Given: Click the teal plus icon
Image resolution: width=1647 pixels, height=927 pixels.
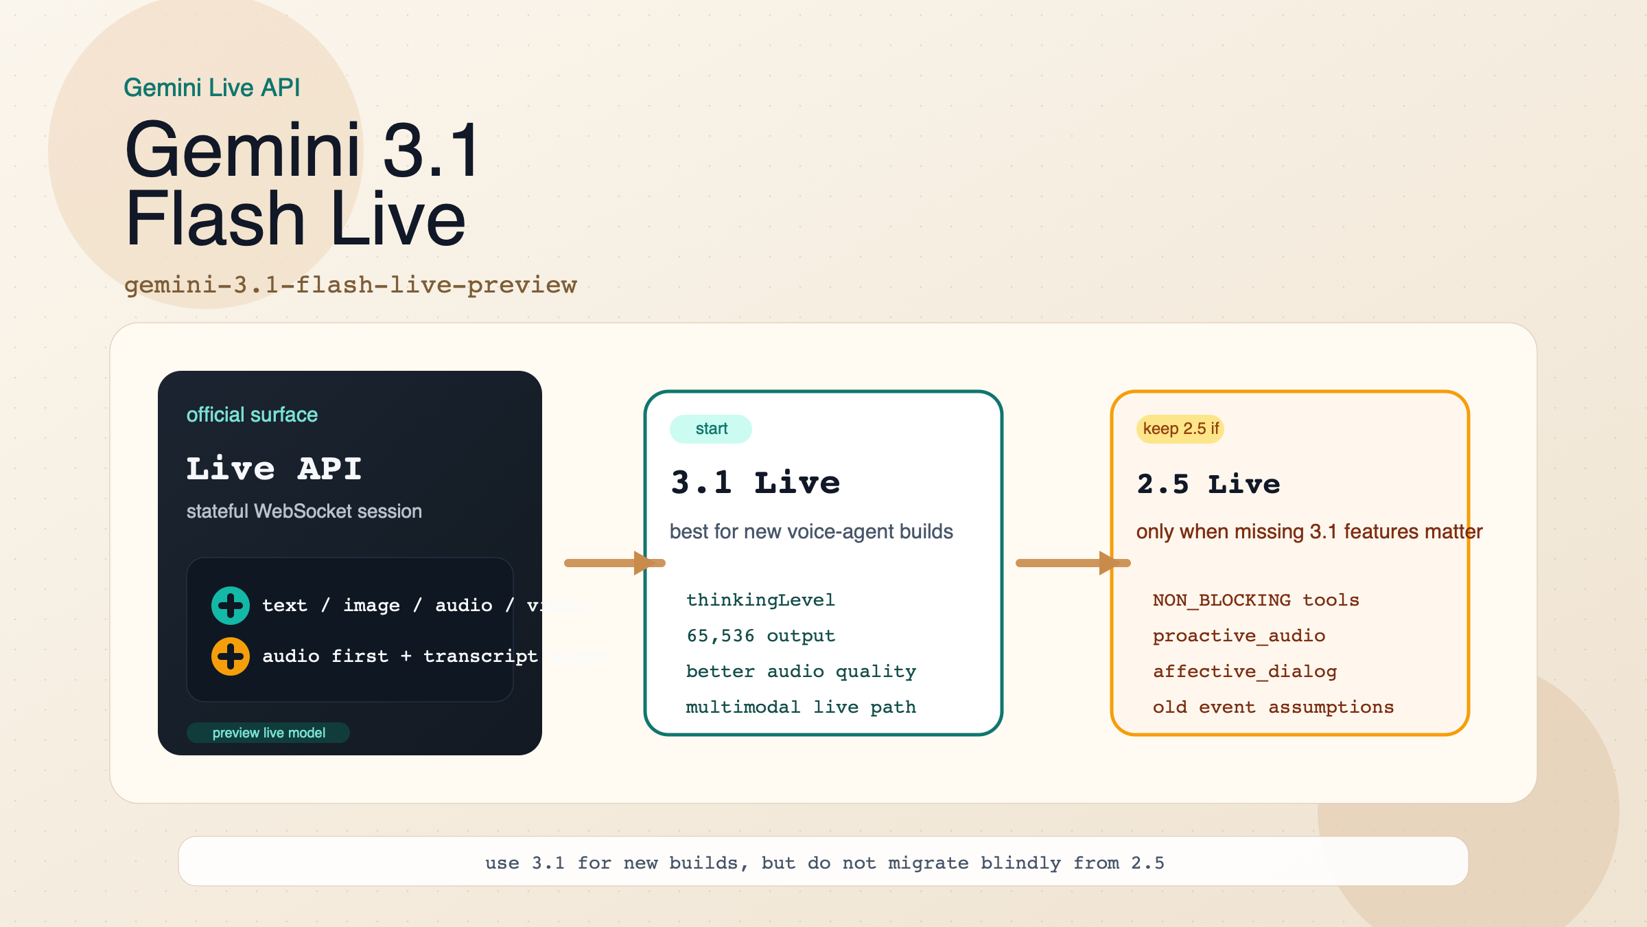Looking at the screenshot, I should (x=231, y=606).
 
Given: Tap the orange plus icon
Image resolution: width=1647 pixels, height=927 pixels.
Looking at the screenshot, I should (x=231, y=656).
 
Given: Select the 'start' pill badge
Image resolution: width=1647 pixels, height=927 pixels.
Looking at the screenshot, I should (x=711, y=429).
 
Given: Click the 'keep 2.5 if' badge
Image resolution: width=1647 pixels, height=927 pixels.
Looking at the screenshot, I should (x=1180, y=429).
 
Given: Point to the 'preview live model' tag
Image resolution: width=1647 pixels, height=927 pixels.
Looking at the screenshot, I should (x=268, y=733).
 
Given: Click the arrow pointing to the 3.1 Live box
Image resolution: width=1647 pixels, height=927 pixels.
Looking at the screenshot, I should (x=615, y=563).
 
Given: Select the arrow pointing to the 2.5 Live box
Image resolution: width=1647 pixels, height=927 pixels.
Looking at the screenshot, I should (x=1073, y=563).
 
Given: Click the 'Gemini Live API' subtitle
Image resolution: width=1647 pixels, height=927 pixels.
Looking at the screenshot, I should (x=211, y=88).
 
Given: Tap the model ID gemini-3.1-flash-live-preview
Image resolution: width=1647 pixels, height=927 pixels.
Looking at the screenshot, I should (x=350, y=285).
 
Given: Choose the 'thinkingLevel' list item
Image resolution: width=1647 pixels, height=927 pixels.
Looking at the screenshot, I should (x=760, y=600).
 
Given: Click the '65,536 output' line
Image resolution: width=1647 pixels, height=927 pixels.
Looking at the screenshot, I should (x=760, y=636).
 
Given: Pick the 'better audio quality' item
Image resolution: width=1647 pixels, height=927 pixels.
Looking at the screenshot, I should (x=801, y=672).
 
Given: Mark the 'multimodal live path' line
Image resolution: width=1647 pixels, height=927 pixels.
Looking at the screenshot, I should (x=801, y=707).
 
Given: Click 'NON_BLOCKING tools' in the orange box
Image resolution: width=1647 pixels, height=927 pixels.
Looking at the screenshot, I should (x=1256, y=600).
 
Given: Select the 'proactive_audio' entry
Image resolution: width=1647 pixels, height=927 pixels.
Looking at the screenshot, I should (x=1239, y=636).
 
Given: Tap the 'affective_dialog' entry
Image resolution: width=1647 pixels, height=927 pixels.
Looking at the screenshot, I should (x=1245, y=672).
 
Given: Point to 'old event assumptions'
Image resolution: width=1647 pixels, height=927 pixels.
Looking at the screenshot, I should (x=1273, y=707).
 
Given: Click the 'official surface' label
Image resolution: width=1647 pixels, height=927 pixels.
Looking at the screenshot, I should (x=252, y=415).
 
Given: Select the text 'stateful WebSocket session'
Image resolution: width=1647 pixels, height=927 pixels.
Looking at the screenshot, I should (x=304, y=512).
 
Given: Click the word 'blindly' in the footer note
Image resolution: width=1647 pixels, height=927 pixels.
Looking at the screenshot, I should (x=1020, y=863).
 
